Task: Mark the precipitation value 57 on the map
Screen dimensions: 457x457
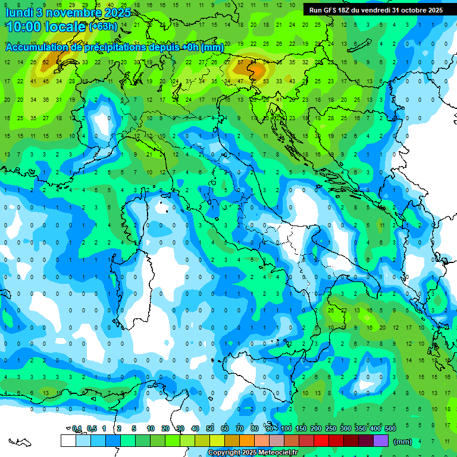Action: [x=240, y=62]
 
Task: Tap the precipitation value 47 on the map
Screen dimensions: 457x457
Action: [x=240, y=81]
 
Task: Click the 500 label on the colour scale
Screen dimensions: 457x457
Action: [x=390, y=428]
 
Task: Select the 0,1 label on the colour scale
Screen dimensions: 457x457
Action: [x=77, y=428]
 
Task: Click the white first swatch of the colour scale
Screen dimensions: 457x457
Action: [x=68, y=440]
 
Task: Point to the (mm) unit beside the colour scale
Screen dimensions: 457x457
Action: [x=403, y=442]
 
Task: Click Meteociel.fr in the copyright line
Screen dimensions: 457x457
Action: [x=275, y=453]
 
